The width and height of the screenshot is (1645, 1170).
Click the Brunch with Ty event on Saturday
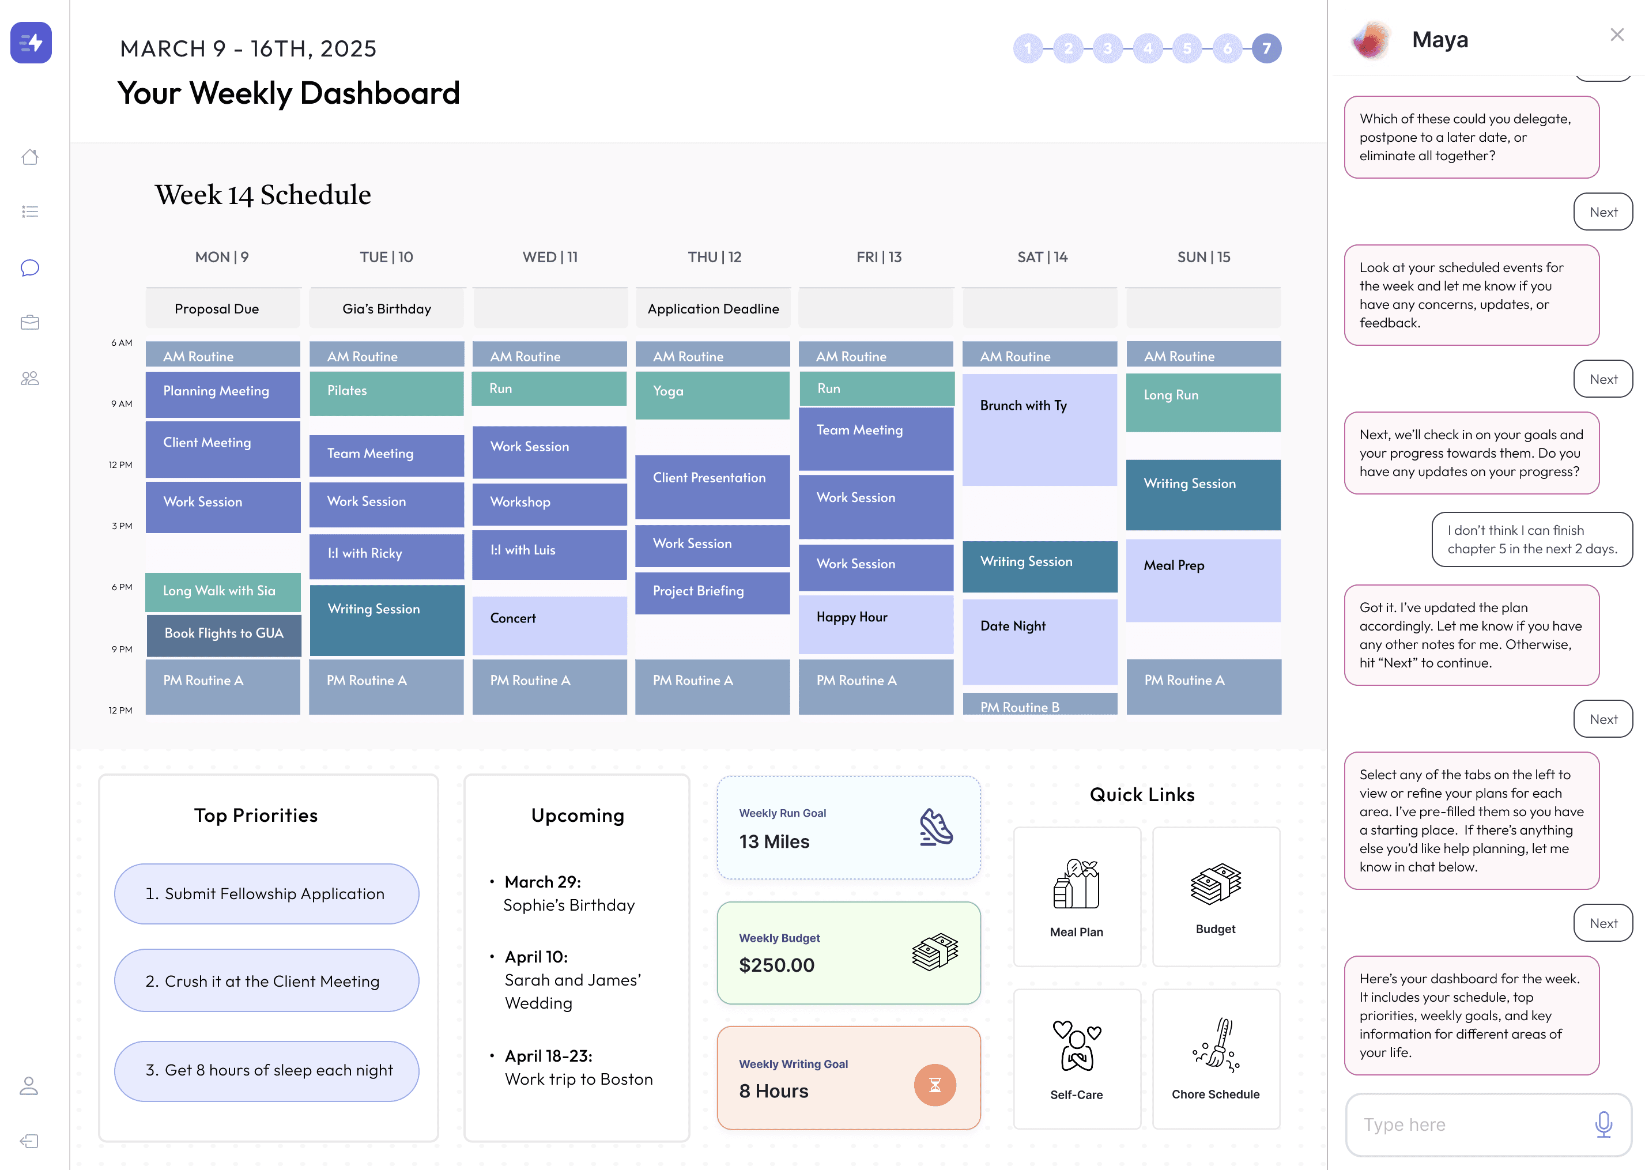1039,429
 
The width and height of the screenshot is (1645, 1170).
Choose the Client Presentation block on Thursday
712,486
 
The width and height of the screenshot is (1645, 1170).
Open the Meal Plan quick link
1077,896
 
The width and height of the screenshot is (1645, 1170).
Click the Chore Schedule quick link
1216,1058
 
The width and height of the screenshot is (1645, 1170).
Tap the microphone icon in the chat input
1603,1124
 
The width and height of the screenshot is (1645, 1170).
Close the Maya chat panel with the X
1617,35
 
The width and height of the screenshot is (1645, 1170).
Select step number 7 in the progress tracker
1266,48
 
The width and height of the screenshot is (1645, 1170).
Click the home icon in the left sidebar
29,156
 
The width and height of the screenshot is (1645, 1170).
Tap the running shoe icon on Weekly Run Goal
935,827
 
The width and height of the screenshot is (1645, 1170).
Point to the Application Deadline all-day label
712,308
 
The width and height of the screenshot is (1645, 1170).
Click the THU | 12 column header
714,257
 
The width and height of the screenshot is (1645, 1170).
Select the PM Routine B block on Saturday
1039,704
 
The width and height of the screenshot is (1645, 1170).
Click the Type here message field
1470,1124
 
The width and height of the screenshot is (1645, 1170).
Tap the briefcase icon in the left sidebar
29,322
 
